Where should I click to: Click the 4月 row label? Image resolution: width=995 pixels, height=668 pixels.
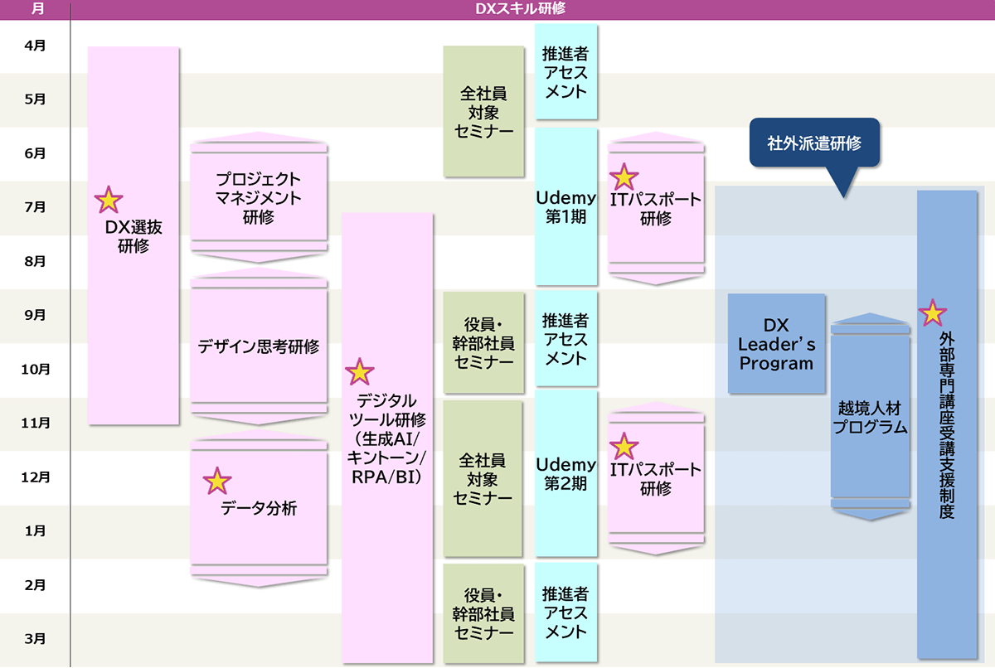click(35, 46)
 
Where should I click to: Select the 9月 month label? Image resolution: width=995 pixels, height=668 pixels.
click(35, 315)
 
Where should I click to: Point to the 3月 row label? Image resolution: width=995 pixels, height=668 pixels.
click(35, 639)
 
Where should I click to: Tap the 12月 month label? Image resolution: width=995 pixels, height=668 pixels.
click(35, 477)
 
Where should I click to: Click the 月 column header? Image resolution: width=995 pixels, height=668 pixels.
click(35, 8)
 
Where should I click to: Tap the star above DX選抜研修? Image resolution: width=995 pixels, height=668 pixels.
click(108, 200)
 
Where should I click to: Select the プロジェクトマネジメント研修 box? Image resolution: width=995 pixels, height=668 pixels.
click(258, 198)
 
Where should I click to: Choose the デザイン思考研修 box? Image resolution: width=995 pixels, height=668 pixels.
click(258, 346)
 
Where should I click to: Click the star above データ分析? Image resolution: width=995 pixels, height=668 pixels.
click(217, 480)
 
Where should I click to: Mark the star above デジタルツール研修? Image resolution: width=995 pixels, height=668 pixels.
click(359, 372)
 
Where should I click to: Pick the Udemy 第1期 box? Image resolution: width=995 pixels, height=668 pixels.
click(566, 206)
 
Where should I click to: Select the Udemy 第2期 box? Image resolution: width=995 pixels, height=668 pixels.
click(566, 473)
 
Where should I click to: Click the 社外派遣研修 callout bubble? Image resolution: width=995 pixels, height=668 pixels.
click(813, 143)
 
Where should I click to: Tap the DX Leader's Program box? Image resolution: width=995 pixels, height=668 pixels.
click(777, 343)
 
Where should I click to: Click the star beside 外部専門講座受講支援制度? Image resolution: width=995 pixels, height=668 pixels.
click(932, 312)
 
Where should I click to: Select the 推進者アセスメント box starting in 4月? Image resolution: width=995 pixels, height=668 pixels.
click(565, 72)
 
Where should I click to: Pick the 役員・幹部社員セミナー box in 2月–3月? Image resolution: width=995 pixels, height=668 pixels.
click(483, 613)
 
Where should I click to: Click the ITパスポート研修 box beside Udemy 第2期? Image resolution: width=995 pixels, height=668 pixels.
click(655, 478)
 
